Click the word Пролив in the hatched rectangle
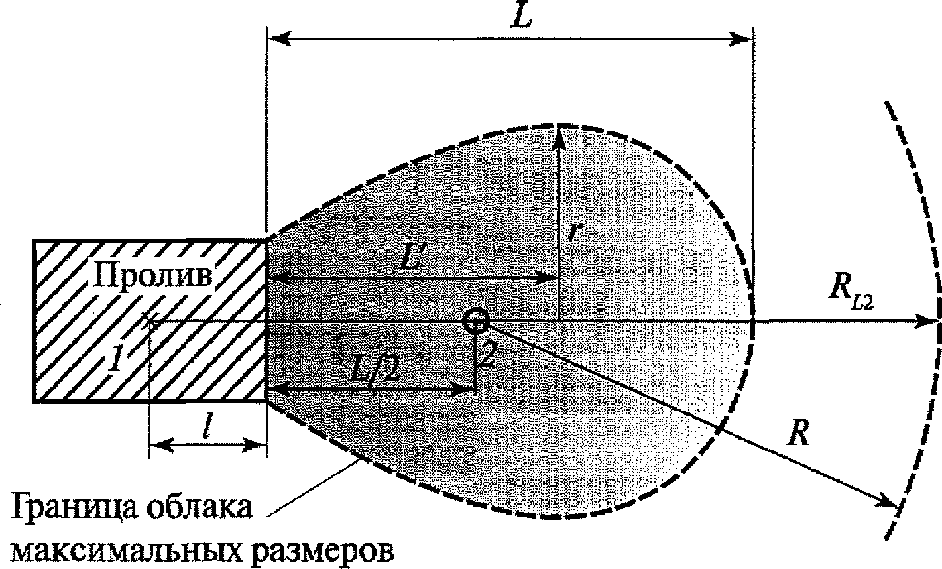tap(152, 276)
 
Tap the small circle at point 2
tap(477, 321)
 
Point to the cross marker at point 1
tap(150, 323)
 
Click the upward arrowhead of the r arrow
tap(559, 136)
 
